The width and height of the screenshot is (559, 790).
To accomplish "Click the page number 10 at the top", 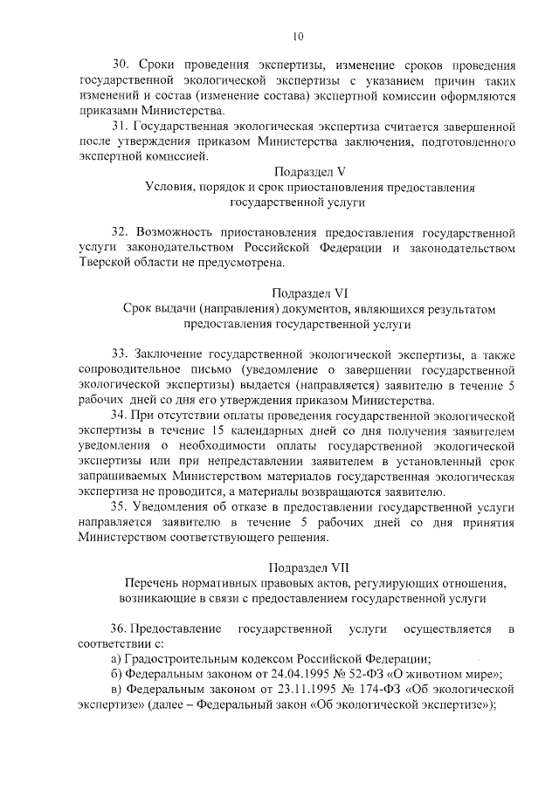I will [x=297, y=37].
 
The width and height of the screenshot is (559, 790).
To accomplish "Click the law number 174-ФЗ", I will [x=381, y=690].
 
